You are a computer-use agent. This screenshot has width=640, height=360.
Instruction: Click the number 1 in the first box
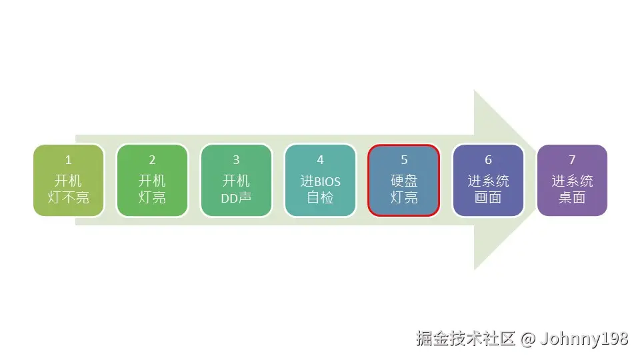click(68, 160)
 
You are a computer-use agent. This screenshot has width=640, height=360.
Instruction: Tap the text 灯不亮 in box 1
click(68, 198)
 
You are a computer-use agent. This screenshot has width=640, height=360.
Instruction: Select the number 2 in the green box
click(152, 160)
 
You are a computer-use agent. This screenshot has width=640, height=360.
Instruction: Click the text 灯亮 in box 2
click(152, 198)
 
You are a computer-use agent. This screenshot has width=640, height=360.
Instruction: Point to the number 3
click(236, 160)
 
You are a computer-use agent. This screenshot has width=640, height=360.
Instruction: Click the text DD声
click(236, 198)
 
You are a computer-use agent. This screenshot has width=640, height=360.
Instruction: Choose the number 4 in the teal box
click(320, 160)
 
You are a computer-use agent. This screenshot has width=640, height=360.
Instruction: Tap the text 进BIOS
click(320, 181)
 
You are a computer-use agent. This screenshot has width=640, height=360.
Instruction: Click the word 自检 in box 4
click(320, 198)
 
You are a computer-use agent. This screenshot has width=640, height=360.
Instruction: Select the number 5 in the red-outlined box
click(404, 160)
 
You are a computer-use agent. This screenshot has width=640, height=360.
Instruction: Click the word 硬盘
click(404, 181)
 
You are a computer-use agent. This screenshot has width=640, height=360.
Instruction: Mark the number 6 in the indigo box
click(488, 160)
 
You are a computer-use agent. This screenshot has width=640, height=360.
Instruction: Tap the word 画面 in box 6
click(488, 198)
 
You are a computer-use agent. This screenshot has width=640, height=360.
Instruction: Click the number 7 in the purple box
click(572, 160)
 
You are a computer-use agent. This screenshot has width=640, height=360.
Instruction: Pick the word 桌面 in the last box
click(572, 198)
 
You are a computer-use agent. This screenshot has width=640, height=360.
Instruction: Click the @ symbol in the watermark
click(527, 339)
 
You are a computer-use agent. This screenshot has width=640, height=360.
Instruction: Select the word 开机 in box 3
click(236, 181)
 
